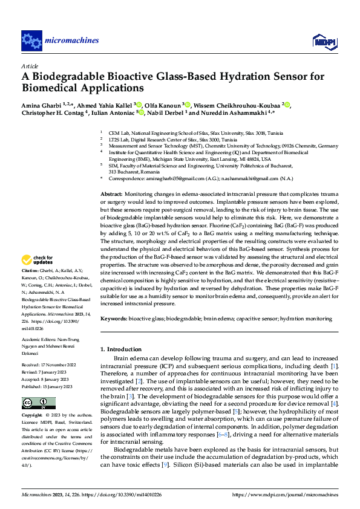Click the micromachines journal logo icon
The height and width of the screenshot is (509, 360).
(31, 41)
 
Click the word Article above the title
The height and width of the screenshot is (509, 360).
(30, 65)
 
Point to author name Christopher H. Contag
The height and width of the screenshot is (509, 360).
(53, 112)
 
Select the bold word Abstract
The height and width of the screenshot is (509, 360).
(112, 192)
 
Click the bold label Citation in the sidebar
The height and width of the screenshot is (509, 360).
(30, 287)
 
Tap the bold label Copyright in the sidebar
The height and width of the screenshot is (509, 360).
(31, 416)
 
